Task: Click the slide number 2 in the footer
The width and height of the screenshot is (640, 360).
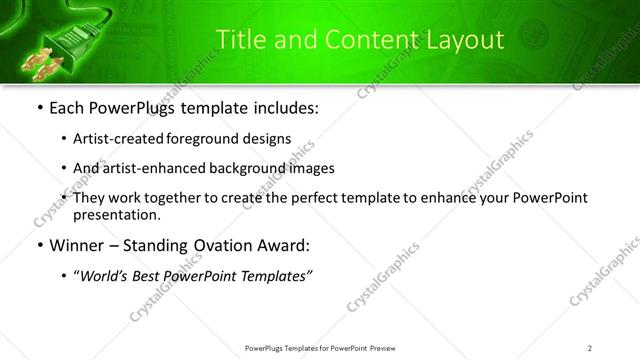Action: click(x=590, y=347)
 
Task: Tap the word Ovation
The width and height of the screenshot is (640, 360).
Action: click(x=234, y=246)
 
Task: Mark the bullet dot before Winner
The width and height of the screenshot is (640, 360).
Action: click(x=39, y=246)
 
